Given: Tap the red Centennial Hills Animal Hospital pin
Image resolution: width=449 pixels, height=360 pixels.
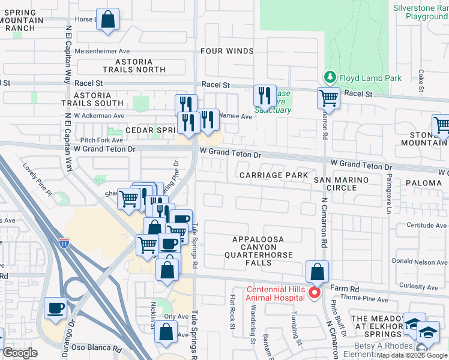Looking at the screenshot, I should tap(313, 292).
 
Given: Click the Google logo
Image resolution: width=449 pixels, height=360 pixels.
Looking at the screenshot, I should tap(20, 353).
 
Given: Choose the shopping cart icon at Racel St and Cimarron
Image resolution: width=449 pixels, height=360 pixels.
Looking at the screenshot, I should tap(328, 97).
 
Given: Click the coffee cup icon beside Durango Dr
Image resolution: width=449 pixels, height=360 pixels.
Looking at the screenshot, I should tap(56, 308).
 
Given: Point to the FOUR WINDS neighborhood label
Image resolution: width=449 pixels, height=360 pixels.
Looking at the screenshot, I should tap(227, 51).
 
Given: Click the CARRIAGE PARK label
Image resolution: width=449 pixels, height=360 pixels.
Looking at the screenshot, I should tap(266, 175).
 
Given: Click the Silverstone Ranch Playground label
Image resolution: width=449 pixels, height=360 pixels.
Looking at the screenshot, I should tap(421, 12).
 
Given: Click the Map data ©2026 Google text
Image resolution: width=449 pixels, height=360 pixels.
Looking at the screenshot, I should tap(411, 355).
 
